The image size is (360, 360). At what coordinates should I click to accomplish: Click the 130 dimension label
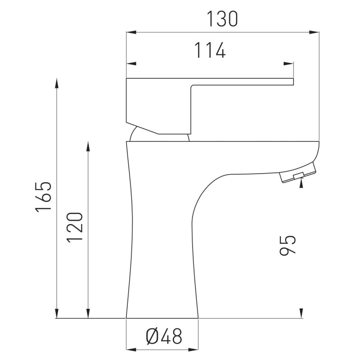click(x=222, y=19)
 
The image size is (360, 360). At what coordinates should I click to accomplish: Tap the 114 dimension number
click(x=210, y=50)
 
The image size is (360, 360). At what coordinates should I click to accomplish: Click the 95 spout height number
click(x=288, y=245)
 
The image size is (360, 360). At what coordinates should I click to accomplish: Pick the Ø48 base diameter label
click(x=164, y=336)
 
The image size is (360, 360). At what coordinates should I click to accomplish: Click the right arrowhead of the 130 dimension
click(x=314, y=32)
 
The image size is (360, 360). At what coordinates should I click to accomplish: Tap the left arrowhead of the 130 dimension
click(x=131, y=32)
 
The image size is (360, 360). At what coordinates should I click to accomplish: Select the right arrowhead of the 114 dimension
click(x=288, y=63)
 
